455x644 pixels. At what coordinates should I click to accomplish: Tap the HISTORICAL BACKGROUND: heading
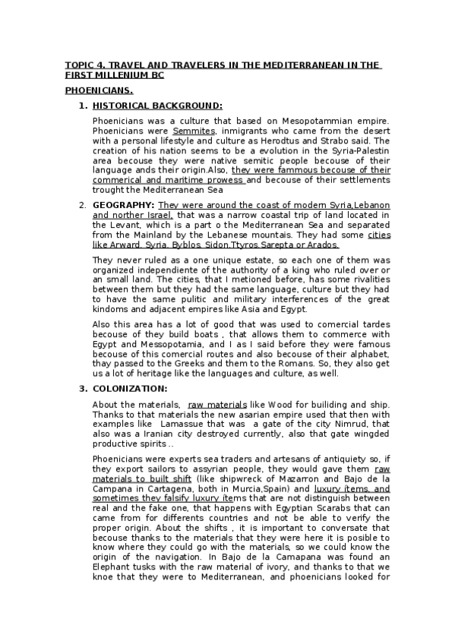pos(157,106)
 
